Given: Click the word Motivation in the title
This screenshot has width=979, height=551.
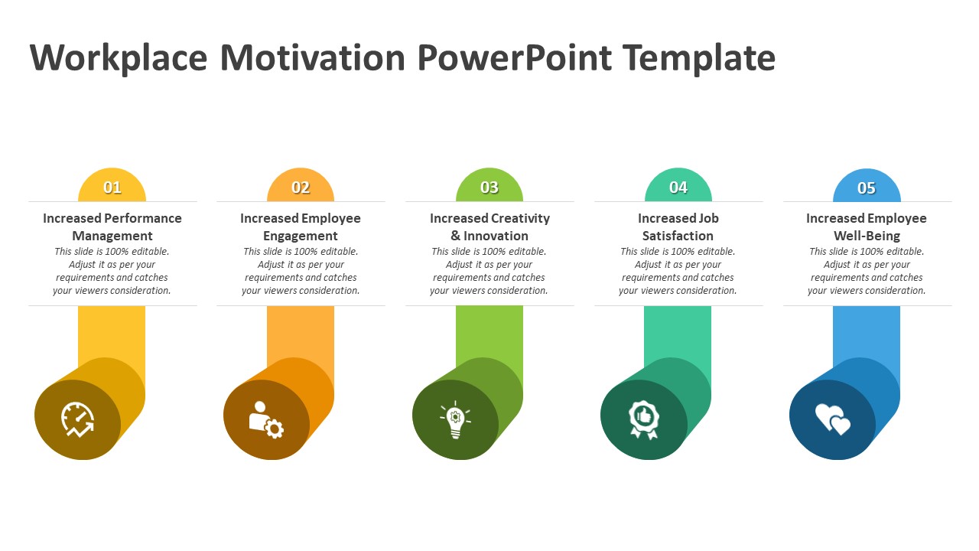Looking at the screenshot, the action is point(313,57).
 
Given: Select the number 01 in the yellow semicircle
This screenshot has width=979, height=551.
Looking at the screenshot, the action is point(112,187).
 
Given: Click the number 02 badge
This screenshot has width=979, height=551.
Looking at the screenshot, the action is point(301,187).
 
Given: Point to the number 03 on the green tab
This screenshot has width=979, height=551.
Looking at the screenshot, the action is point(489,187).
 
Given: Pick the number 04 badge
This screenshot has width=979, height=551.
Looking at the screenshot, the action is point(678,187).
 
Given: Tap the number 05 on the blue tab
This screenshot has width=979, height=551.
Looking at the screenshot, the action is point(867,188).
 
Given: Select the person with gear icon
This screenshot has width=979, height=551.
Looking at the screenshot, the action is point(266,420).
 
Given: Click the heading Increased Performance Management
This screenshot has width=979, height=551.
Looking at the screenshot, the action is point(112,227).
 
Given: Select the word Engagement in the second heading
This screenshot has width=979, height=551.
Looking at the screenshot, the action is point(301,236).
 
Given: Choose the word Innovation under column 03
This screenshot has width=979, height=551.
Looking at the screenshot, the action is point(496,236).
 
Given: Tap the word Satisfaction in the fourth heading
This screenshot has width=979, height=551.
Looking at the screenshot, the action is point(678,236).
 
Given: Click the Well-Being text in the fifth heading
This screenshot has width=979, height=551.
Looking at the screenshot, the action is point(867,236).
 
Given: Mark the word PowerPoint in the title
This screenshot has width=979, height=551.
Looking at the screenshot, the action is point(515,57).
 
